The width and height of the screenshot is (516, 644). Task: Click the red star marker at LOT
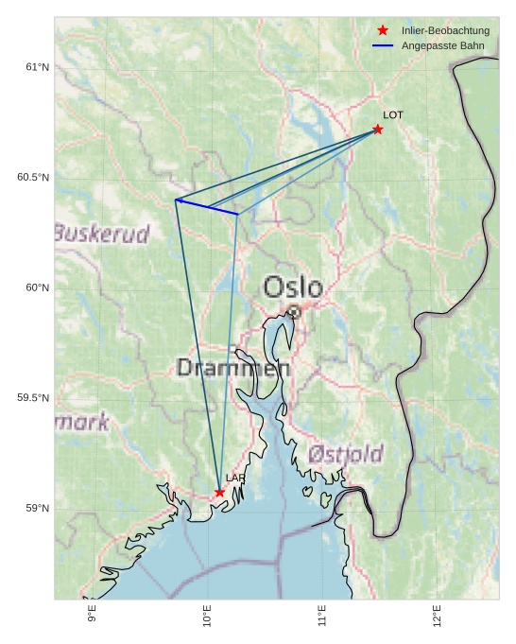pos(378,130)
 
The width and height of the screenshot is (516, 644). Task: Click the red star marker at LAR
pos(219,492)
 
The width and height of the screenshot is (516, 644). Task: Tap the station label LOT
pos(393,115)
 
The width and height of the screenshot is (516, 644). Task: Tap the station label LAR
pos(235,479)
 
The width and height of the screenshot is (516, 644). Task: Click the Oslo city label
pos(293,287)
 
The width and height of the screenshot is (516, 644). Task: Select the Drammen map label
pos(232,369)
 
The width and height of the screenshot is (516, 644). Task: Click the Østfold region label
pos(345,454)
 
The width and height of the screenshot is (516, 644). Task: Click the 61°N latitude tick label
pos(37,67)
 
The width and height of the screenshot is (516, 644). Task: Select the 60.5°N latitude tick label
pos(33,178)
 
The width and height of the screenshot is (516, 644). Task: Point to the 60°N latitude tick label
pos(37,287)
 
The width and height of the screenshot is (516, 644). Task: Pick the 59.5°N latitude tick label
pos(33,398)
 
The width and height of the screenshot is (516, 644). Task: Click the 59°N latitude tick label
pos(37,509)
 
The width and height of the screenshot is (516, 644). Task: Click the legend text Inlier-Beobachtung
pos(445,31)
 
